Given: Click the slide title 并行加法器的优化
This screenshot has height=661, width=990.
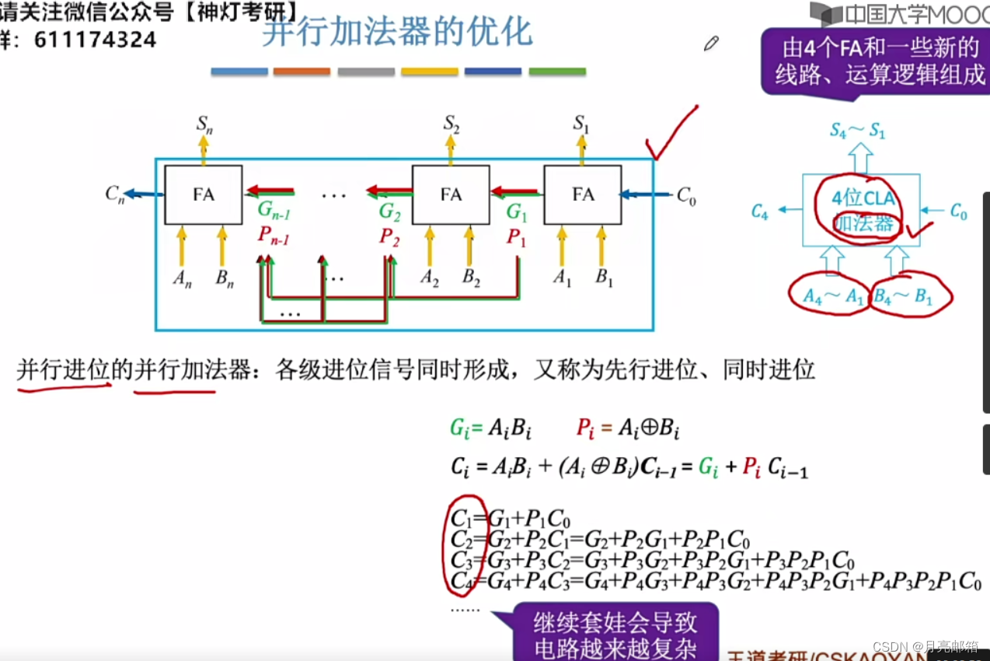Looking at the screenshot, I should point(397,33).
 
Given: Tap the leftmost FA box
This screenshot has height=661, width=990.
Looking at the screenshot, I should point(204,194).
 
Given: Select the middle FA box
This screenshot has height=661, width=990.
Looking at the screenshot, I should point(451,194).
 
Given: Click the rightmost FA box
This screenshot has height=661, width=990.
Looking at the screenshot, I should point(583,194).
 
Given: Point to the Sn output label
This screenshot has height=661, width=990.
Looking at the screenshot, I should point(204,123).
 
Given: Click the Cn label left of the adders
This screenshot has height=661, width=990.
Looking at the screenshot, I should point(115,194).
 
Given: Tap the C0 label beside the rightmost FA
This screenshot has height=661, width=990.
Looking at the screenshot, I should point(686,195).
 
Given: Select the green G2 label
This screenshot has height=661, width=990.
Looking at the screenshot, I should point(389,212).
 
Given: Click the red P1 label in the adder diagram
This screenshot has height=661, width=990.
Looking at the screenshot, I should point(516,237).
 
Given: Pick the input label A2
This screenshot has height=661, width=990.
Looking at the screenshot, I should point(430,278).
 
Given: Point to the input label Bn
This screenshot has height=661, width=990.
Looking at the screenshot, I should point(225,279).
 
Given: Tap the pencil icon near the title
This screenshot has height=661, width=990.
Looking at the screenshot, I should point(711,44).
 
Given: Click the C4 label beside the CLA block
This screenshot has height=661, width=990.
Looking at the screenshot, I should point(759,211).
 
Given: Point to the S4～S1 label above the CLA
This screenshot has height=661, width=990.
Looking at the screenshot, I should point(857,131).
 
